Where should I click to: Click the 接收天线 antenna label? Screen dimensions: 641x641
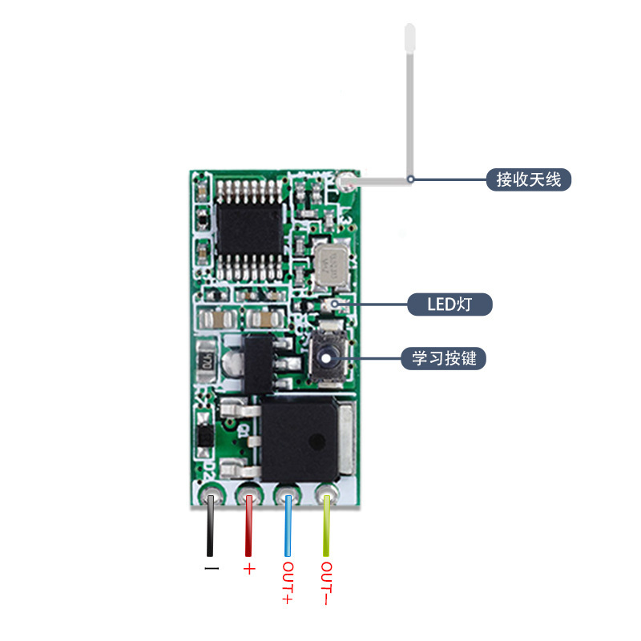pos(529,179)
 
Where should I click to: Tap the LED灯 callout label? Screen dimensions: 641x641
pos(450,304)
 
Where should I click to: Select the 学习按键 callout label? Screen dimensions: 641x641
pos(444,357)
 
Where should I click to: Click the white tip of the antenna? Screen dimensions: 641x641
pos(409,36)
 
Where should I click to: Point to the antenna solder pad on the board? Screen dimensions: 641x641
pos(347,182)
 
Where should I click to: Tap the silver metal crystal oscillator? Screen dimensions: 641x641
pos(329,266)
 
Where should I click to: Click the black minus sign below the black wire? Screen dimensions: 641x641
pos(211,569)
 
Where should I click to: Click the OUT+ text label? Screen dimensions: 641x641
pos(288,584)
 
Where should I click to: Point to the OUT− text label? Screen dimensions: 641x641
pos(326,584)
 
